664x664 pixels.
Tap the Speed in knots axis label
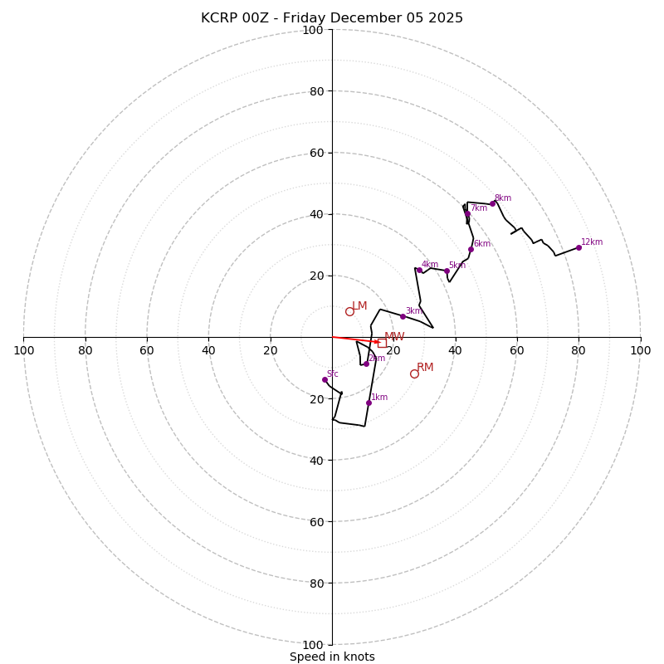(x=332, y=657)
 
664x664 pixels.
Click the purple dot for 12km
(x=579, y=247)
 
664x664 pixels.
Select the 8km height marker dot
(x=492, y=203)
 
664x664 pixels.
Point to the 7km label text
(x=479, y=208)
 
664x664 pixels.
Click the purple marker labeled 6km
(x=471, y=249)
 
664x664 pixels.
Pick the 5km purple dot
(x=447, y=271)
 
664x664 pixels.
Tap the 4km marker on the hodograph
(x=419, y=270)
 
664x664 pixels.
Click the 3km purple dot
(x=403, y=316)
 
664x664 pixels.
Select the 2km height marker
(x=366, y=364)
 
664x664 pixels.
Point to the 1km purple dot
(x=369, y=403)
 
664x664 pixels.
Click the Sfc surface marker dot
(x=325, y=379)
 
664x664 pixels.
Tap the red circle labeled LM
(x=349, y=311)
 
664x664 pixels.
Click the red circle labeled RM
(x=414, y=373)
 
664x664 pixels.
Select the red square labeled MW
(x=382, y=342)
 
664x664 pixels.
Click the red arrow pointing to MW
(x=357, y=339)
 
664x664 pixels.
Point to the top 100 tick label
(x=313, y=30)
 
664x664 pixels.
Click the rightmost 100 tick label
(x=641, y=350)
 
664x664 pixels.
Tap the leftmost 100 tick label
(x=23, y=350)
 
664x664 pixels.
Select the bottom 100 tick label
(x=313, y=645)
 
